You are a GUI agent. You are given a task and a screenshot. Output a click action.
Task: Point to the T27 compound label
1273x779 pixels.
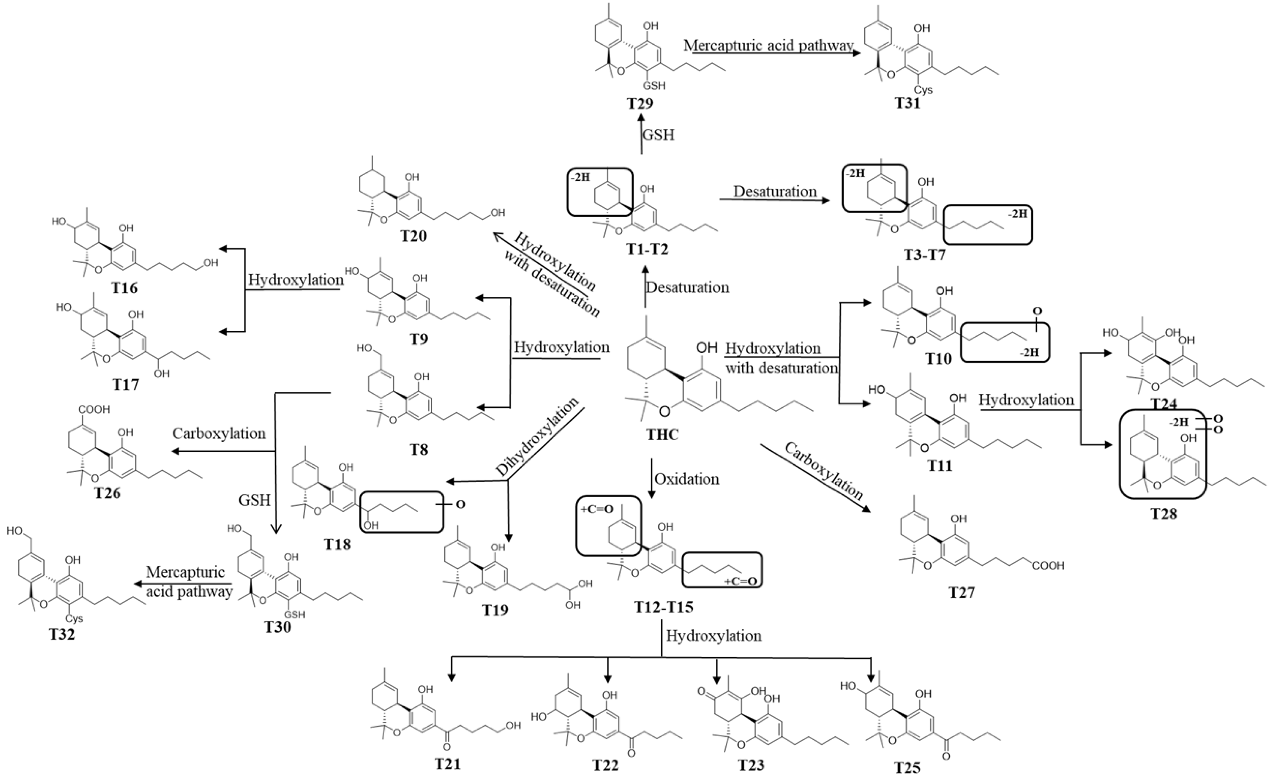962,593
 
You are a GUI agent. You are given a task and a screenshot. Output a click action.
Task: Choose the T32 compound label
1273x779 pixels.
62,634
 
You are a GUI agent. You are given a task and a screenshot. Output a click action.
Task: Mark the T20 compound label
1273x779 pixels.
413,236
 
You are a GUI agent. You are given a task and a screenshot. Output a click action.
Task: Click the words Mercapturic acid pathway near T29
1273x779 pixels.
768,46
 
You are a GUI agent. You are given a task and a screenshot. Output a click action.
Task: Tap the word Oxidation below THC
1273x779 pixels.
687,479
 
